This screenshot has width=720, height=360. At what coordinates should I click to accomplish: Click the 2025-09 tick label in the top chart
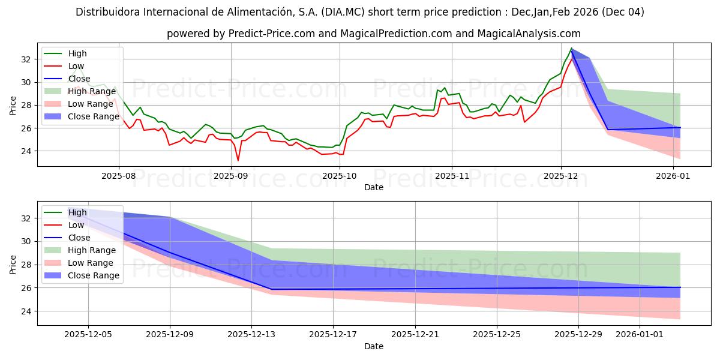click(231, 176)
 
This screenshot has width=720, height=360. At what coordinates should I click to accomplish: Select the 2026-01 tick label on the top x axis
click(673, 176)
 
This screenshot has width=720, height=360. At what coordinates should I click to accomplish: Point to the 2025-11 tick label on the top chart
click(451, 176)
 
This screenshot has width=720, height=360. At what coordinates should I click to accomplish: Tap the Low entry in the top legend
click(76, 66)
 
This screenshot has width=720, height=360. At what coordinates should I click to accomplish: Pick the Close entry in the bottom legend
click(79, 238)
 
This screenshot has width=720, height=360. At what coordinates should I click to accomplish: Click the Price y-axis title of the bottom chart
click(13, 264)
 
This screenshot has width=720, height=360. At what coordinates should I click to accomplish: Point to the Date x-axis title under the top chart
click(373, 187)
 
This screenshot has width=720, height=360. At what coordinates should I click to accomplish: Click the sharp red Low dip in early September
click(238, 160)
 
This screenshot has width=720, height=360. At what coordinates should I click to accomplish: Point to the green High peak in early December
click(571, 48)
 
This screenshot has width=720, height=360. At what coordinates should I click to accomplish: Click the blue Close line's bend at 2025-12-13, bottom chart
click(271, 289)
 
